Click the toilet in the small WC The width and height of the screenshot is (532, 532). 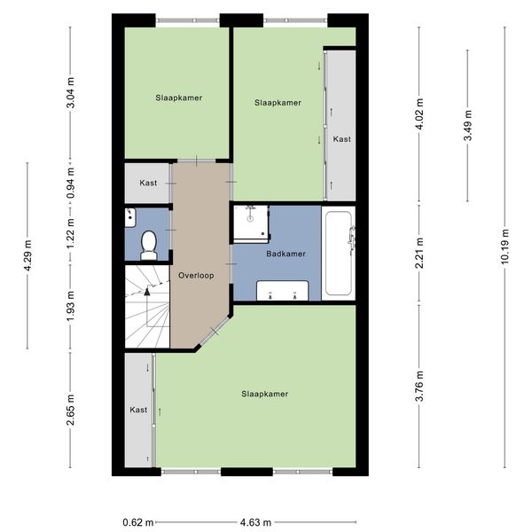pos(149,245)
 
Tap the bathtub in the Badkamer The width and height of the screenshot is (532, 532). pos(339,253)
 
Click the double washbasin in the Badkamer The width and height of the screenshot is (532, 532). pos(282,291)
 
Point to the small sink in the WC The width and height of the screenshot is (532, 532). pos(130,217)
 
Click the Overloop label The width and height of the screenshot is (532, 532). pos(196,275)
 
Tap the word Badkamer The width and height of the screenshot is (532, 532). pos(286,254)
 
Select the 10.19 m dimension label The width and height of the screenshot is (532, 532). pos(505,246)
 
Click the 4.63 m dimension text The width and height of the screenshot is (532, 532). pos(255,522)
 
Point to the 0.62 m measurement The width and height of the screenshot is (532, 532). pos(138,522)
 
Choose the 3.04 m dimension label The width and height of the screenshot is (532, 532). pos(70,92)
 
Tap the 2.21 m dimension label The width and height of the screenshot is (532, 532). pos(419,253)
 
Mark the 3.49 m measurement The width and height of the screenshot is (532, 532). pos(468,125)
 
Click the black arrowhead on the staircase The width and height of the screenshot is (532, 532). pos(147,291)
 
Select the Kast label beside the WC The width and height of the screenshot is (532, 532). pos(148,183)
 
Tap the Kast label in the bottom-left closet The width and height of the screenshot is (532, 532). pos(138,410)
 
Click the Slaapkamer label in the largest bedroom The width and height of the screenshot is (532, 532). pos(264,394)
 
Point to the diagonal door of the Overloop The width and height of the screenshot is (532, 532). pos(215,332)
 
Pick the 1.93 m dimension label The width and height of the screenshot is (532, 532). pos(70,307)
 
